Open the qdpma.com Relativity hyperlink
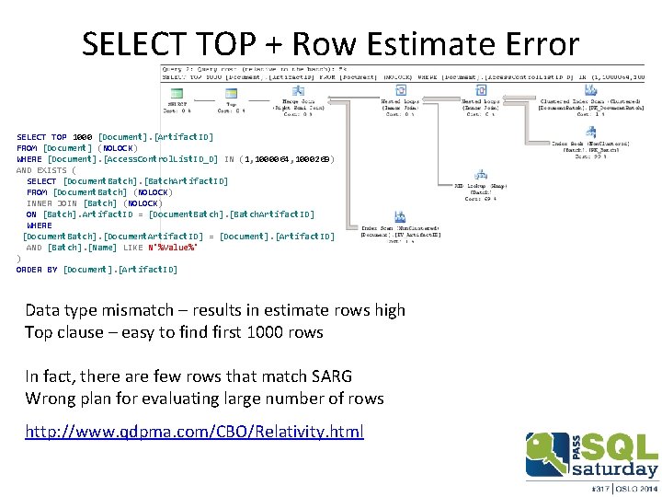click(x=195, y=431)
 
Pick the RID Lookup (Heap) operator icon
click(x=480, y=173)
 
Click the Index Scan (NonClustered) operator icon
click(x=400, y=216)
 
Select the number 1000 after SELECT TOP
click(x=82, y=137)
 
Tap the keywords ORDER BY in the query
click(x=36, y=270)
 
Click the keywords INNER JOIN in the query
click(x=51, y=203)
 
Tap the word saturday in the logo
click(x=614, y=469)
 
